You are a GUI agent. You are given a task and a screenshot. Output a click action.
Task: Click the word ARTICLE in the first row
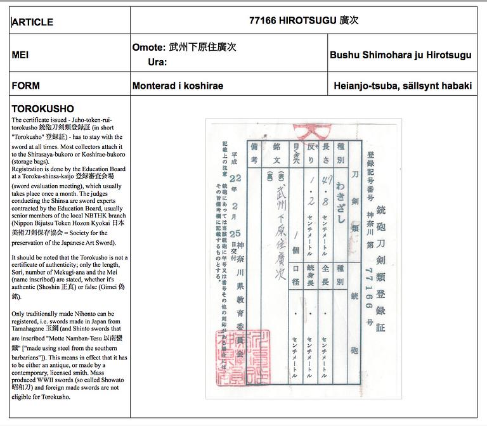tap(32, 22)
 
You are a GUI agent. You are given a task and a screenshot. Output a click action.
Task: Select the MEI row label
tap(20, 55)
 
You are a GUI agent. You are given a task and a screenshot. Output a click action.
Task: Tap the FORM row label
tap(26, 86)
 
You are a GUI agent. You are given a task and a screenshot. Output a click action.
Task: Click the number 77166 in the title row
tap(263, 20)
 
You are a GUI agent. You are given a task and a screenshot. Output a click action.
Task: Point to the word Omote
tap(148, 48)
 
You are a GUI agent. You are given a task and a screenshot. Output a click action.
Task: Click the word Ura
tap(156, 62)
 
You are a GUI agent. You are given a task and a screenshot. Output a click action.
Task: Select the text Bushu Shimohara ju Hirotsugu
tap(400, 55)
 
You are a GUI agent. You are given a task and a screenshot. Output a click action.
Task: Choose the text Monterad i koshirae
tap(178, 86)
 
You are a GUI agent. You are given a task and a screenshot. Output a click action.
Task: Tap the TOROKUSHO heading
tap(42, 108)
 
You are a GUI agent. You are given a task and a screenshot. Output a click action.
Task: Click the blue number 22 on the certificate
tap(235, 179)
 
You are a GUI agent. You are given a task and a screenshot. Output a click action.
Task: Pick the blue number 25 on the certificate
tap(235, 233)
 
